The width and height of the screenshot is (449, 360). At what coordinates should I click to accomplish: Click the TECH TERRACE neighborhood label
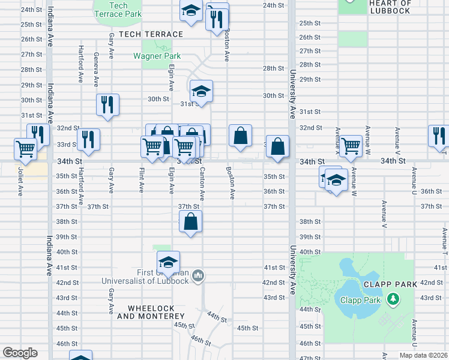pyautogui.click(x=151, y=34)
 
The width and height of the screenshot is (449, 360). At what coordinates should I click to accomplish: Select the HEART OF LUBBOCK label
pyautogui.click(x=390, y=7)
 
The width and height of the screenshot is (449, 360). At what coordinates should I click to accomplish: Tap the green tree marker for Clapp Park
pyautogui.click(x=393, y=298)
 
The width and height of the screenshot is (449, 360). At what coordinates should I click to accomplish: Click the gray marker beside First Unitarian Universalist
pyautogui.click(x=199, y=276)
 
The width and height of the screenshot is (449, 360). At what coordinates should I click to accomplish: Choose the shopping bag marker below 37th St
pyautogui.click(x=190, y=221)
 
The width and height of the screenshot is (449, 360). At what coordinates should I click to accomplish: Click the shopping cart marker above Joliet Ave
pyautogui.click(x=25, y=148)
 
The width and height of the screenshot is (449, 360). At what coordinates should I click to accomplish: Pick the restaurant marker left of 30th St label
pyautogui.click(x=107, y=104)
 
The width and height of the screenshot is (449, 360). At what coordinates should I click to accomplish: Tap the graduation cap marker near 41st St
pyautogui.click(x=168, y=262)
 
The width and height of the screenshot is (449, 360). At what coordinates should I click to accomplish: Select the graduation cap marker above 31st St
pyautogui.click(x=201, y=91)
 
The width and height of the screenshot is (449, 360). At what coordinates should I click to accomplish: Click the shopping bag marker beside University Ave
pyautogui.click(x=277, y=146)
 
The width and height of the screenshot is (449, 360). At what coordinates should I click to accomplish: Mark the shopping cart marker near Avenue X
pyautogui.click(x=351, y=145)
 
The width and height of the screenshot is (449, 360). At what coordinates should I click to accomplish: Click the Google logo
pyautogui.click(x=20, y=353)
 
